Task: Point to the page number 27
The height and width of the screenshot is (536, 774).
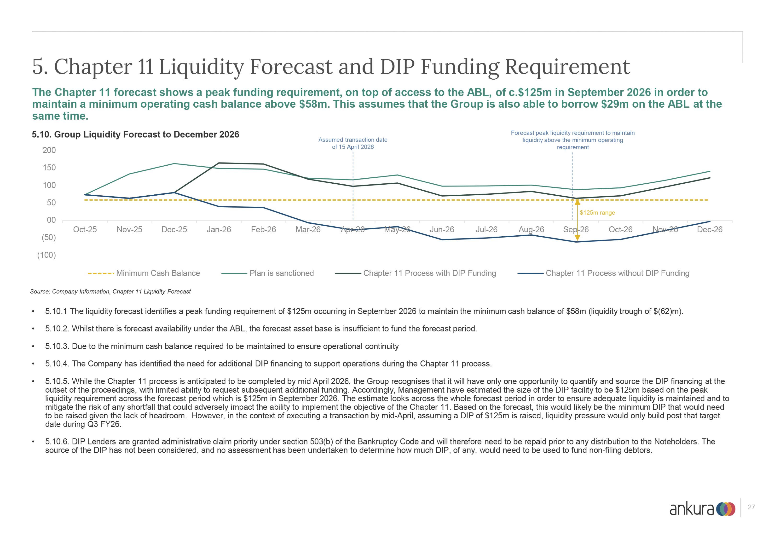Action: coord(751,507)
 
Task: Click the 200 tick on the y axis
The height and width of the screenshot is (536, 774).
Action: coord(49,150)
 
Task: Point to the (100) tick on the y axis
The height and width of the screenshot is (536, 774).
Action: coord(47,255)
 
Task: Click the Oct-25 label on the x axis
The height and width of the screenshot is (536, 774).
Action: coord(85,230)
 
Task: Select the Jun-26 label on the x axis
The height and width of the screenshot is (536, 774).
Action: coord(442,230)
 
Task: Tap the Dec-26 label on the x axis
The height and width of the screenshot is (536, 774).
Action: coord(710,230)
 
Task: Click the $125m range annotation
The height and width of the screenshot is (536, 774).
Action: coord(597,213)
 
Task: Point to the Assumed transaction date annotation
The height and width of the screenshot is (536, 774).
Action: coord(353,143)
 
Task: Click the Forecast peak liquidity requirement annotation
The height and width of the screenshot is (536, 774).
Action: coord(573,140)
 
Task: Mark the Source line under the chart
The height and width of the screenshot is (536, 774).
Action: coord(110,291)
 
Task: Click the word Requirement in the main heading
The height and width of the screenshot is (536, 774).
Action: coord(567,67)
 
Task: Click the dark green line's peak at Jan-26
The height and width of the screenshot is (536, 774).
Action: coord(219,163)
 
